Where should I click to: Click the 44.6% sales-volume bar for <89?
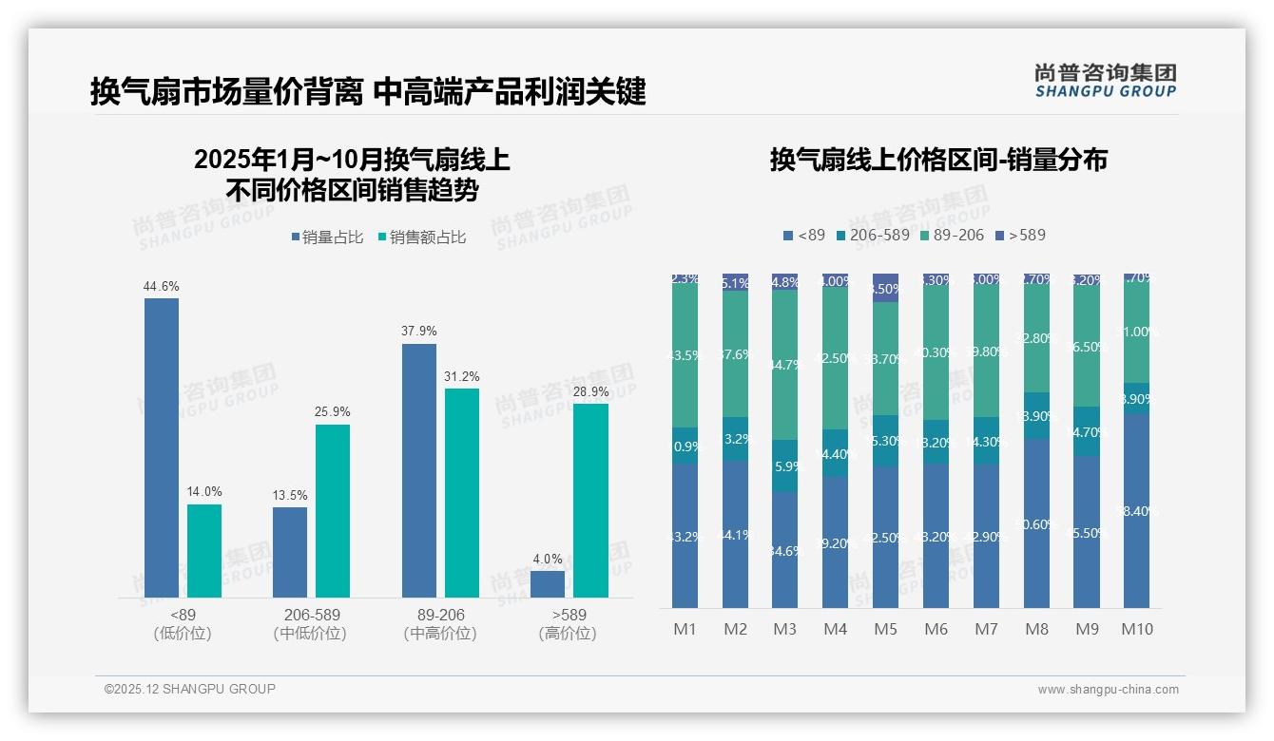click(x=162, y=447)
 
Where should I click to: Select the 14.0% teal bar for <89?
click(x=204, y=551)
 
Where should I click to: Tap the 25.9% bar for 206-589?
click(x=333, y=511)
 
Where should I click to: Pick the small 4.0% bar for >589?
click(x=548, y=584)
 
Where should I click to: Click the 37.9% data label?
click(x=419, y=332)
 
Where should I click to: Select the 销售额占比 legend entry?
click(x=421, y=237)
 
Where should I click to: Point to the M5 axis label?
click(x=885, y=629)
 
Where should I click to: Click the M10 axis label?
click(x=1136, y=629)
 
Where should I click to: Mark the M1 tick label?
click(x=685, y=629)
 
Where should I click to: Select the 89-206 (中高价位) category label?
click(x=440, y=624)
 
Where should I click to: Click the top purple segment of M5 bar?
click(x=885, y=288)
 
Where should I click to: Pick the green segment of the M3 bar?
click(x=784, y=365)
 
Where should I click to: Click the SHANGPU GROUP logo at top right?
click(x=1105, y=81)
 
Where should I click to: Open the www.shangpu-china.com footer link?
click(x=1108, y=690)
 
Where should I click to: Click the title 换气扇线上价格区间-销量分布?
click(x=938, y=160)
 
